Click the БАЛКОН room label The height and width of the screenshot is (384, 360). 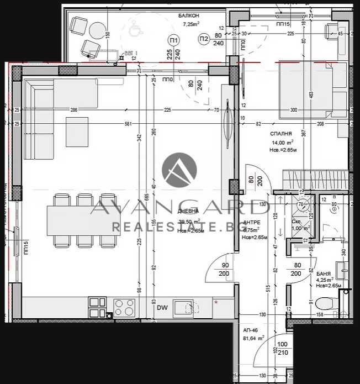(189, 15)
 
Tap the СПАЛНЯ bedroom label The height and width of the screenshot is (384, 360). (282, 134)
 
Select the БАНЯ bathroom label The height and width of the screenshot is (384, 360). (324, 274)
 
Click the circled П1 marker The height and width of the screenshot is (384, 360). (174, 40)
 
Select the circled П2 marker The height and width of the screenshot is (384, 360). (203, 39)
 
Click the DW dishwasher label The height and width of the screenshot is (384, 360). (162, 308)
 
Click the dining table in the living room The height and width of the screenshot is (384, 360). (83, 220)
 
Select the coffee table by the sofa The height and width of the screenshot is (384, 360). (77, 132)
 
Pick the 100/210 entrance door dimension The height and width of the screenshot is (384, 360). (283, 348)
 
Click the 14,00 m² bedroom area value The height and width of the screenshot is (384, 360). (281, 143)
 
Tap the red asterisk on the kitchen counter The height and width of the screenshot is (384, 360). (216, 302)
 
